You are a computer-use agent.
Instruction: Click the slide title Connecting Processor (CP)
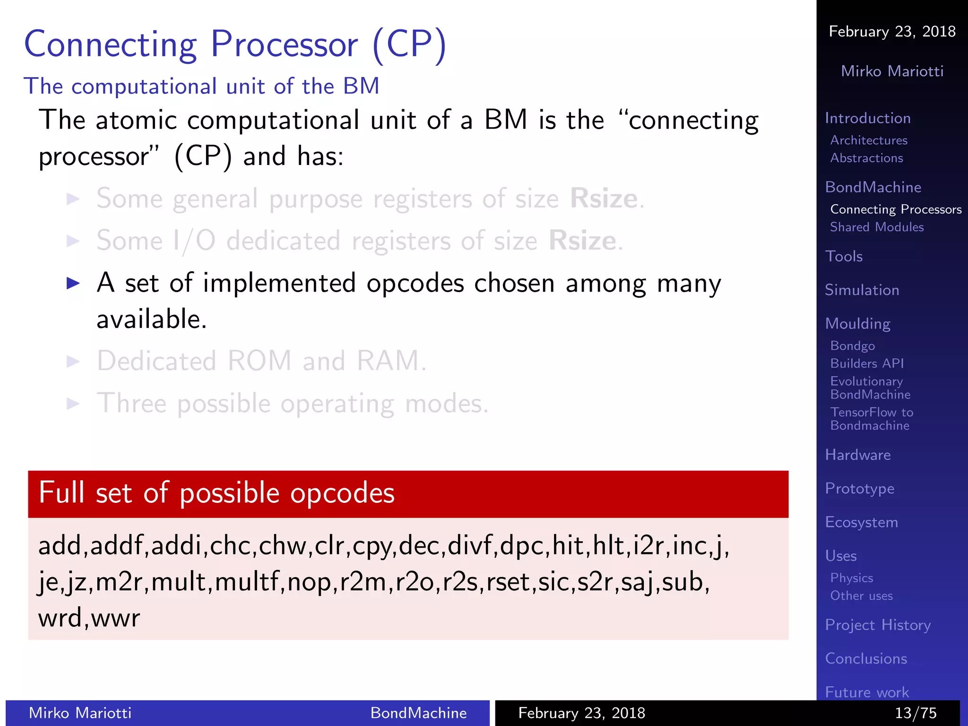235,44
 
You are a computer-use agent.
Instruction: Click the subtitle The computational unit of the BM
201,86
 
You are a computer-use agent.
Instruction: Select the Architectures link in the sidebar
869,140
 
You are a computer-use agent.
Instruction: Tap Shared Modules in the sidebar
877,227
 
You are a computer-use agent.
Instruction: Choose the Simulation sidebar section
862,290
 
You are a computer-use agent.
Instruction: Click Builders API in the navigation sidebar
867,363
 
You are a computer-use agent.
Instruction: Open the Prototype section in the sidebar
859,488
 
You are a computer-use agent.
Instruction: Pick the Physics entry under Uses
851,578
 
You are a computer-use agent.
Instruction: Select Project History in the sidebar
878,625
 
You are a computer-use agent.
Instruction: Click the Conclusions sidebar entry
866,658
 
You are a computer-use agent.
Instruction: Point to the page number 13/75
916,713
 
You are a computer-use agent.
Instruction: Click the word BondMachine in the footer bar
418,713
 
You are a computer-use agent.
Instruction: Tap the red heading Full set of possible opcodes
216,493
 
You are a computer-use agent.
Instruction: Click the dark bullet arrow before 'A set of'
73,283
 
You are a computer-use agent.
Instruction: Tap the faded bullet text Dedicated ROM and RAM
261,361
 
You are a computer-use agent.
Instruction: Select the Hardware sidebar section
857,455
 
